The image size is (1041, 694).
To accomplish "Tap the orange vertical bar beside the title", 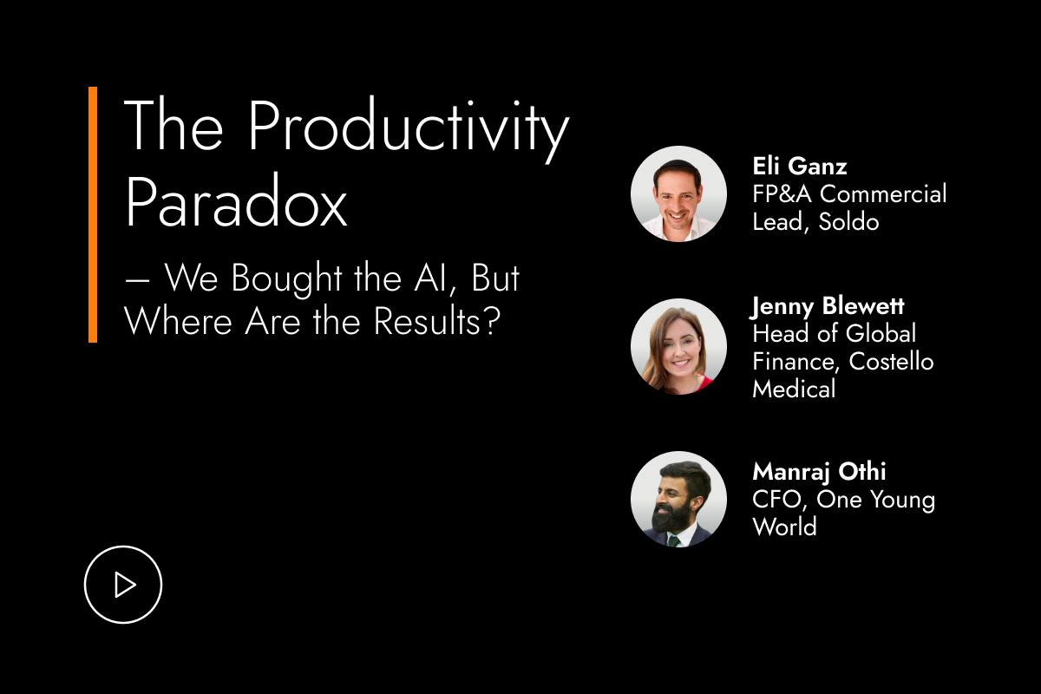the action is [93, 215].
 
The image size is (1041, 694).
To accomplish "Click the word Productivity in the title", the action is [409, 127].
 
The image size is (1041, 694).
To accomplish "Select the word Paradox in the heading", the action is [236, 201].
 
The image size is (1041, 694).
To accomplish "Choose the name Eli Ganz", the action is [800, 166].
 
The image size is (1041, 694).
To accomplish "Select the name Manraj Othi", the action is [819, 472].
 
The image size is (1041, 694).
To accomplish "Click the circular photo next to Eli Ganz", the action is [679, 194].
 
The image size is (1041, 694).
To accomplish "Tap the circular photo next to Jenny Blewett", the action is [679, 347].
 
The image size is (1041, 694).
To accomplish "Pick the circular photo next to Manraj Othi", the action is [679, 499].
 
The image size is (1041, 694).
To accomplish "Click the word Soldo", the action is [848, 222].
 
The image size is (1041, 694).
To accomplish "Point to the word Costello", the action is [891, 361].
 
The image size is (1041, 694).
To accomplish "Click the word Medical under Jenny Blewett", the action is [794, 389].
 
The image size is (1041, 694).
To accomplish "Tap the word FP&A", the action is [782, 193].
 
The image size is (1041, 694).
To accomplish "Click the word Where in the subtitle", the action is [178, 321].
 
